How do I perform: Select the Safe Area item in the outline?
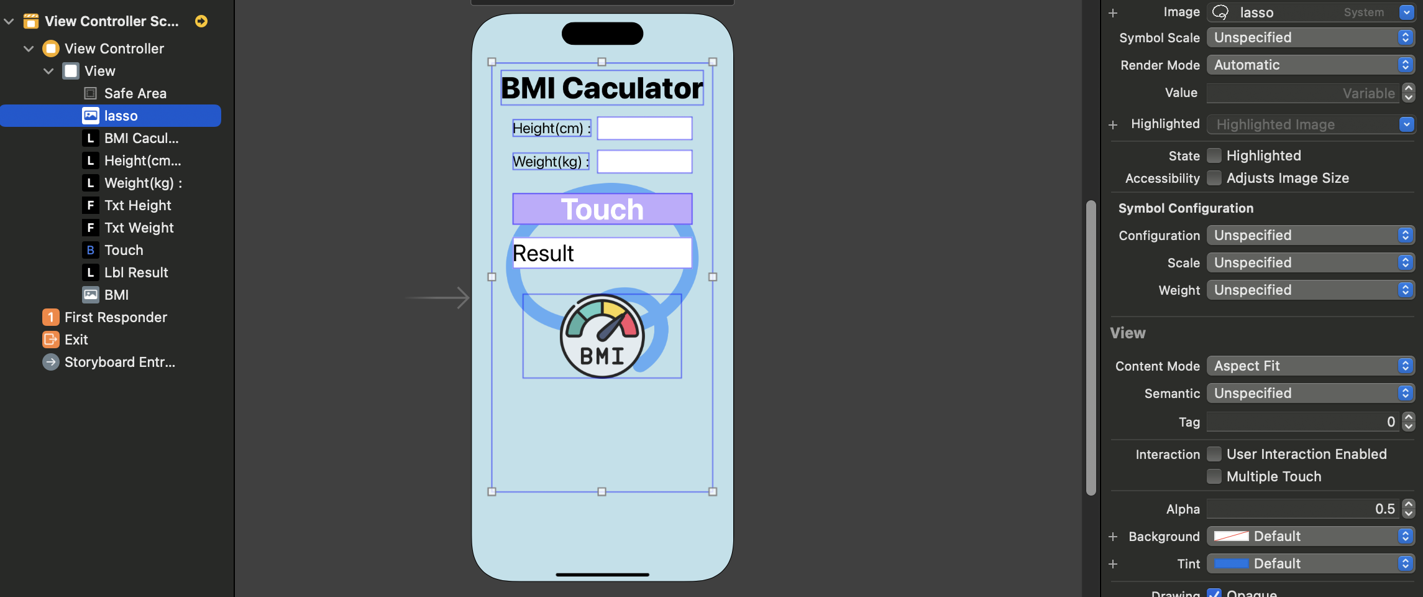135,93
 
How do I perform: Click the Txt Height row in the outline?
137,205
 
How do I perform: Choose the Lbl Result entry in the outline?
136,272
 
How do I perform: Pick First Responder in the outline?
116,317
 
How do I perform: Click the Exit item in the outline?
76,340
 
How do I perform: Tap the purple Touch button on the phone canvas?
602,209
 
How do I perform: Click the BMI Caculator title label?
602,88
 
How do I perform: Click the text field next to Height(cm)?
644,129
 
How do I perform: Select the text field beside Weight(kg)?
644,162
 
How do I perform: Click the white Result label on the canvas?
602,253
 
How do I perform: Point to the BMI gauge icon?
602,336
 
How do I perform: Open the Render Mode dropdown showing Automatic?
1310,65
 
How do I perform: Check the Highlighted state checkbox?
1214,155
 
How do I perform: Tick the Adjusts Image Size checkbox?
1214,178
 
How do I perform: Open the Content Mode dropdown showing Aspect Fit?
1310,366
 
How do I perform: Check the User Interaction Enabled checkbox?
1214,454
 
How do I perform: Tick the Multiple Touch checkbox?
1214,476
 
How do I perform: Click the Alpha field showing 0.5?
1302,509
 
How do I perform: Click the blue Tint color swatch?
1231,563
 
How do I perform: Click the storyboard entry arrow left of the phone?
437,298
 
